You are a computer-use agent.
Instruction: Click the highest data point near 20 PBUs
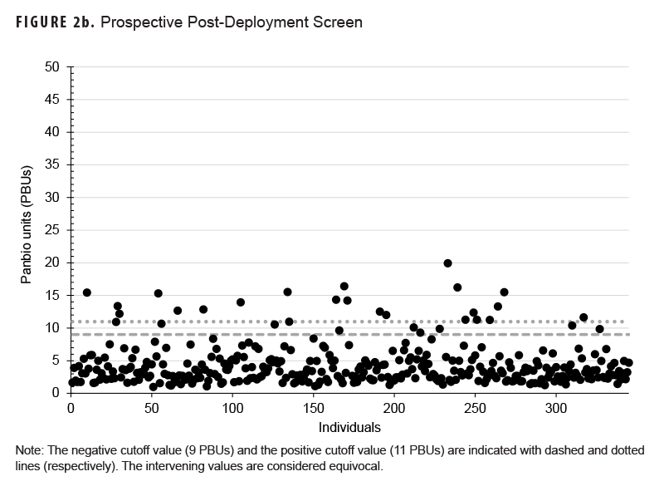[447, 263]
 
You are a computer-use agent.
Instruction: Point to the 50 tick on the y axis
[56, 66]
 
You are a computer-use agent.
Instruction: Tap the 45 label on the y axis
[56, 99]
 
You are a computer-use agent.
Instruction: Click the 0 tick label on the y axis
[59, 394]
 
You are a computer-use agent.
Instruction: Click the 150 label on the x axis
[314, 409]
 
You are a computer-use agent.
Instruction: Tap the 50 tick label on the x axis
[151, 409]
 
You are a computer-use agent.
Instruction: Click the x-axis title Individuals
[349, 428]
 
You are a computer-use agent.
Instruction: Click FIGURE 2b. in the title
[53, 22]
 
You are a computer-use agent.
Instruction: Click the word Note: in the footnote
[29, 449]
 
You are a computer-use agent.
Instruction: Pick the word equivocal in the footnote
[355, 466]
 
